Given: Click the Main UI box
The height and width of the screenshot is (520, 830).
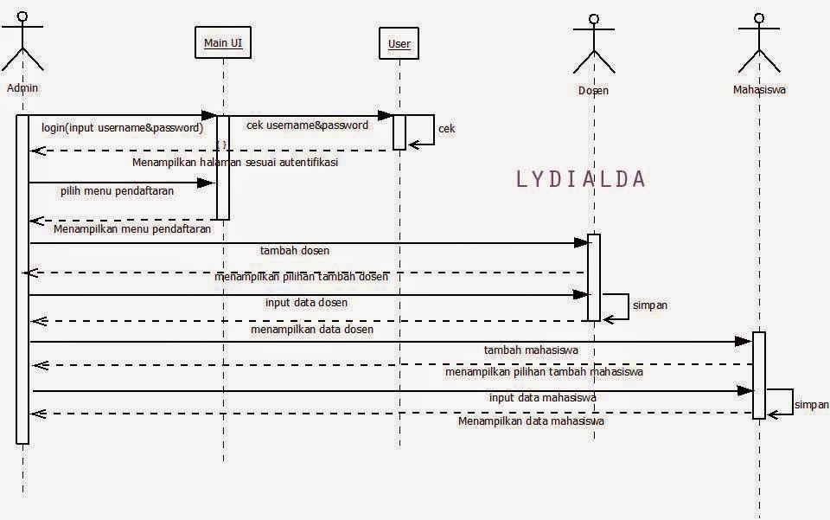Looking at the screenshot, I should (x=223, y=43).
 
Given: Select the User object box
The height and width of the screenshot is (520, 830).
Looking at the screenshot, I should (x=399, y=44).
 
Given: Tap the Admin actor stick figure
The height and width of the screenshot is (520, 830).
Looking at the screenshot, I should (x=22, y=43).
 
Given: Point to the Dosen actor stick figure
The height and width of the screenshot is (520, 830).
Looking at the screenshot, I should (x=593, y=45).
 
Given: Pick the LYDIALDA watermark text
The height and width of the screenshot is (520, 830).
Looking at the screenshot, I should (x=580, y=179).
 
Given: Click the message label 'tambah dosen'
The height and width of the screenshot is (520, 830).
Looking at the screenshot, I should (x=295, y=251).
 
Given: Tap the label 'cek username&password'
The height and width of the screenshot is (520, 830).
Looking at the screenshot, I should (x=307, y=125).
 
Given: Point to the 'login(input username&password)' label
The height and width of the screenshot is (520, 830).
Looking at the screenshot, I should (x=122, y=128).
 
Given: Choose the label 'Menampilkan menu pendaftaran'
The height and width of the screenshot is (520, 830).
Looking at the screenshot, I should (x=132, y=230).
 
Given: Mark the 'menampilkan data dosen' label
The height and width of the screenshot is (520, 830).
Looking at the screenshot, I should (x=311, y=330).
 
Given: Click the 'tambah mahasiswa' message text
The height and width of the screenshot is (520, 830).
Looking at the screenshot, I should (x=531, y=350).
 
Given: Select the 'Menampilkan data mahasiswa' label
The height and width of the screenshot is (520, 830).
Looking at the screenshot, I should (x=531, y=421).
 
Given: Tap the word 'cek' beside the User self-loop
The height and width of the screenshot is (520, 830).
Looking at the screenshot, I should (x=447, y=129).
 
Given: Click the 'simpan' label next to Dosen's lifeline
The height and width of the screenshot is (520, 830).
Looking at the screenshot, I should (x=649, y=305).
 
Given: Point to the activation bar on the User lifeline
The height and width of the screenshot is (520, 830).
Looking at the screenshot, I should (x=399, y=132).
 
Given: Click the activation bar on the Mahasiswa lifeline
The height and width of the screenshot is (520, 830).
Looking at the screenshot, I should (x=759, y=375).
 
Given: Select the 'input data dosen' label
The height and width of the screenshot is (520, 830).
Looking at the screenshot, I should (x=306, y=303).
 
